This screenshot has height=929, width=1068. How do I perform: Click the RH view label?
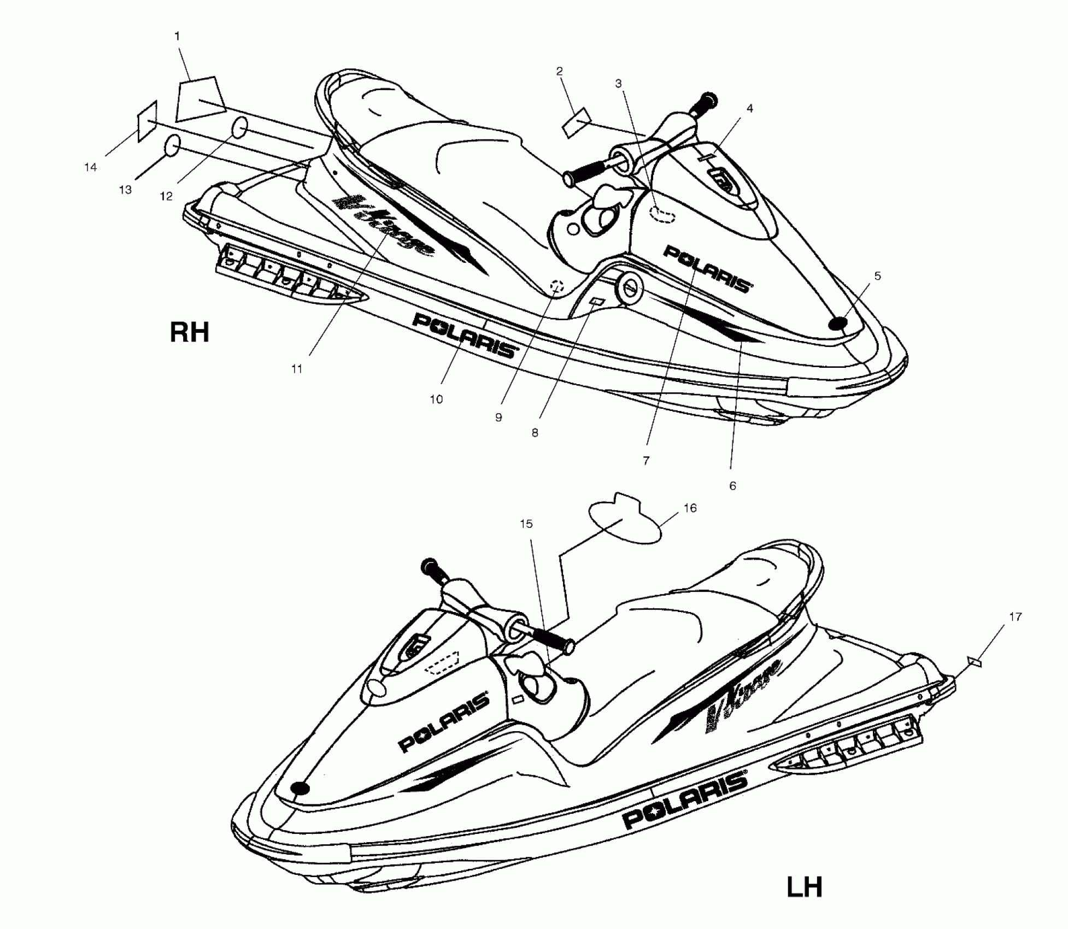click(x=190, y=332)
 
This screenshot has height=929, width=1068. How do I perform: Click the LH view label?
click(x=804, y=886)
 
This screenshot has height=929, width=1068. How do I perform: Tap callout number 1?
click(x=177, y=36)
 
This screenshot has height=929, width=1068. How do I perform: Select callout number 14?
click(x=90, y=167)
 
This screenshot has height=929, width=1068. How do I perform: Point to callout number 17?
click(x=1015, y=616)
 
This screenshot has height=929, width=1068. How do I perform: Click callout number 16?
click(x=690, y=508)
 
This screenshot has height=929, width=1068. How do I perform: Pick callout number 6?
click(x=732, y=485)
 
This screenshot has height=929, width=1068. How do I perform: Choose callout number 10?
click(x=436, y=399)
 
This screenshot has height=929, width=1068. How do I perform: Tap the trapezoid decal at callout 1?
click(x=199, y=98)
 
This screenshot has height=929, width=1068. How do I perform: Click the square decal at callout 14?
click(x=148, y=121)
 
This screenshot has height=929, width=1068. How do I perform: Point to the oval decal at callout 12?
click(x=240, y=128)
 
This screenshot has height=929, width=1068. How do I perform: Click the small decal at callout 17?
click(x=975, y=662)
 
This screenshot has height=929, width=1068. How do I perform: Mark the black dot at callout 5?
click(x=837, y=324)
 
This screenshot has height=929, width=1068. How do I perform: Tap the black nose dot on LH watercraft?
click(x=300, y=787)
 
